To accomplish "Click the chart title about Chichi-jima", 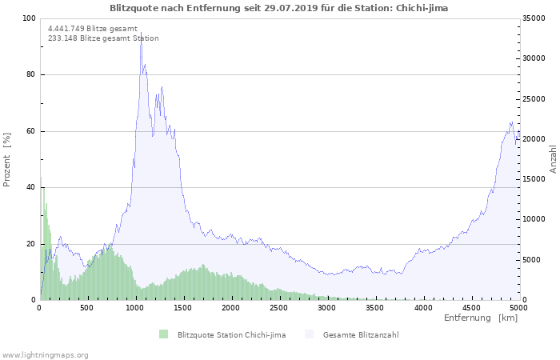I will point(278,8).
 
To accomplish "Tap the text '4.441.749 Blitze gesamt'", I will point(93,28).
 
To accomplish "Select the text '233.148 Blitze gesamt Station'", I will point(103,38).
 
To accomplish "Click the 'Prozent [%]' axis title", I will point(7,159).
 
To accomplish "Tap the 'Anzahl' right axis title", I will point(553,159).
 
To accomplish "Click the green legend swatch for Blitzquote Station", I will point(164,334).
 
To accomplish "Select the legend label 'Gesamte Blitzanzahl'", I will point(361,334).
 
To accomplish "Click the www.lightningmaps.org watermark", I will point(45,354).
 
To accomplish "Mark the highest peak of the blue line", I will point(141,33).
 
